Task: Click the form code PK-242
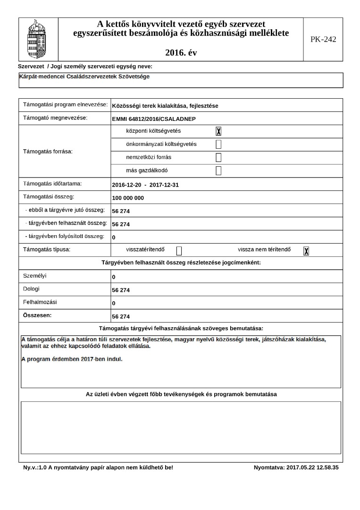coord(323,39)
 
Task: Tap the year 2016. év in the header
coord(181,52)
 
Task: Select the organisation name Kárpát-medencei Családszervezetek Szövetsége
coord(84,76)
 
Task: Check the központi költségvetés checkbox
coord(218,131)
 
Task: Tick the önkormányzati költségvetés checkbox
coord(218,144)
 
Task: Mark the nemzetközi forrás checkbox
coord(218,158)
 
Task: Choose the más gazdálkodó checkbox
coord(218,171)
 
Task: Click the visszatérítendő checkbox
coord(179,251)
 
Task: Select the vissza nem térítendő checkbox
coord(306,251)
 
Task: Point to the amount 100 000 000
coord(128,198)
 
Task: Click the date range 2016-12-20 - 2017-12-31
coord(145,185)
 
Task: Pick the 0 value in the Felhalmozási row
coord(114,303)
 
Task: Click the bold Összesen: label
coord(37,314)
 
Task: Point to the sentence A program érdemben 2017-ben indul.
coord(72,359)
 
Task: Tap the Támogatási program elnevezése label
coord(65,104)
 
